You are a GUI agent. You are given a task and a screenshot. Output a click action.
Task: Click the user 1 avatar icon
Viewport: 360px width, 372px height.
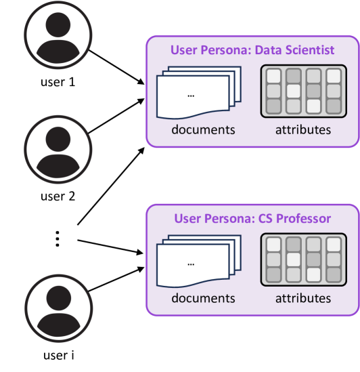click(x=58, y=35)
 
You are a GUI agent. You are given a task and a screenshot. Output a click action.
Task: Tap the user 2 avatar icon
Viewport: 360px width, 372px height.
click(x=58, y=150)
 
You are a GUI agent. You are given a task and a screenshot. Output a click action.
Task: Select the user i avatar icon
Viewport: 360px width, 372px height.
click(x=59, y=308)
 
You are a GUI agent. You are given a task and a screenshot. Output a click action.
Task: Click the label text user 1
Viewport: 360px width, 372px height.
click(x=58, y=82)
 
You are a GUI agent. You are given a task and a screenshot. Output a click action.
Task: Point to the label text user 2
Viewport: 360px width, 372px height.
click(x=58, y=197)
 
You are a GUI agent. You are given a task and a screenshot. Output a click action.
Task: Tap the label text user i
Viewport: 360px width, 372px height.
click(x=59, y=355)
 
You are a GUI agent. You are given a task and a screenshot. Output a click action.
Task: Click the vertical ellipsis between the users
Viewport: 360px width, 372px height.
click(x=58, y=239)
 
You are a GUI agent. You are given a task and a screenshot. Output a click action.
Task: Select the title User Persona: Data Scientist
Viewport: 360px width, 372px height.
click(x=252, y=50)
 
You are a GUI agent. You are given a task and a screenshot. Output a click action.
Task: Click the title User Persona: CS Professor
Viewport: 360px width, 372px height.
click(x=252, y=218)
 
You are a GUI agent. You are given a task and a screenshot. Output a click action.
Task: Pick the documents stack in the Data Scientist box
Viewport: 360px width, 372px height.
click(x=198, y=93)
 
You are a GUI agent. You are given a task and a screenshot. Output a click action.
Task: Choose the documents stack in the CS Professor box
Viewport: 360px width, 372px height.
click(x=198, y=261)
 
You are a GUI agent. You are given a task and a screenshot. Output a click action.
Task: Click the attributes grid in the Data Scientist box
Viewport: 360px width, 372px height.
click(x=304, y=91)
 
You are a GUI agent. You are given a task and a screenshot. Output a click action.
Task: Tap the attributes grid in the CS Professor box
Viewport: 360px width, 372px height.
click(x=304, y=260)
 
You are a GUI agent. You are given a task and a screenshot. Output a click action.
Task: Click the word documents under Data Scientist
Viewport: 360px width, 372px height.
click(x=203, y=130)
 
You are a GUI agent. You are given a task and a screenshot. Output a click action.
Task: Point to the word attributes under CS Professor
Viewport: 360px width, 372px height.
click(x=303, y=298)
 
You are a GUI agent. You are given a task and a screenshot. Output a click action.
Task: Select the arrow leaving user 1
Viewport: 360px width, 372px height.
click(x=116, y=67)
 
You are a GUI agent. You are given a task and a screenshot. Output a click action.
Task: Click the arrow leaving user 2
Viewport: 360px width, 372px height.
click(x=116, y=116)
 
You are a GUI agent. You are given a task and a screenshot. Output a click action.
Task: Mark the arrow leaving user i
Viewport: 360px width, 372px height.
click(x=116, y=279)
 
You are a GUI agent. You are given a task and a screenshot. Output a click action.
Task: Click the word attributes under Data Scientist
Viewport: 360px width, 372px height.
click(x=303, y=130)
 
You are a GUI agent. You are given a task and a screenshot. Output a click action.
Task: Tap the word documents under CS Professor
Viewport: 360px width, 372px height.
click(x=203, y=298)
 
